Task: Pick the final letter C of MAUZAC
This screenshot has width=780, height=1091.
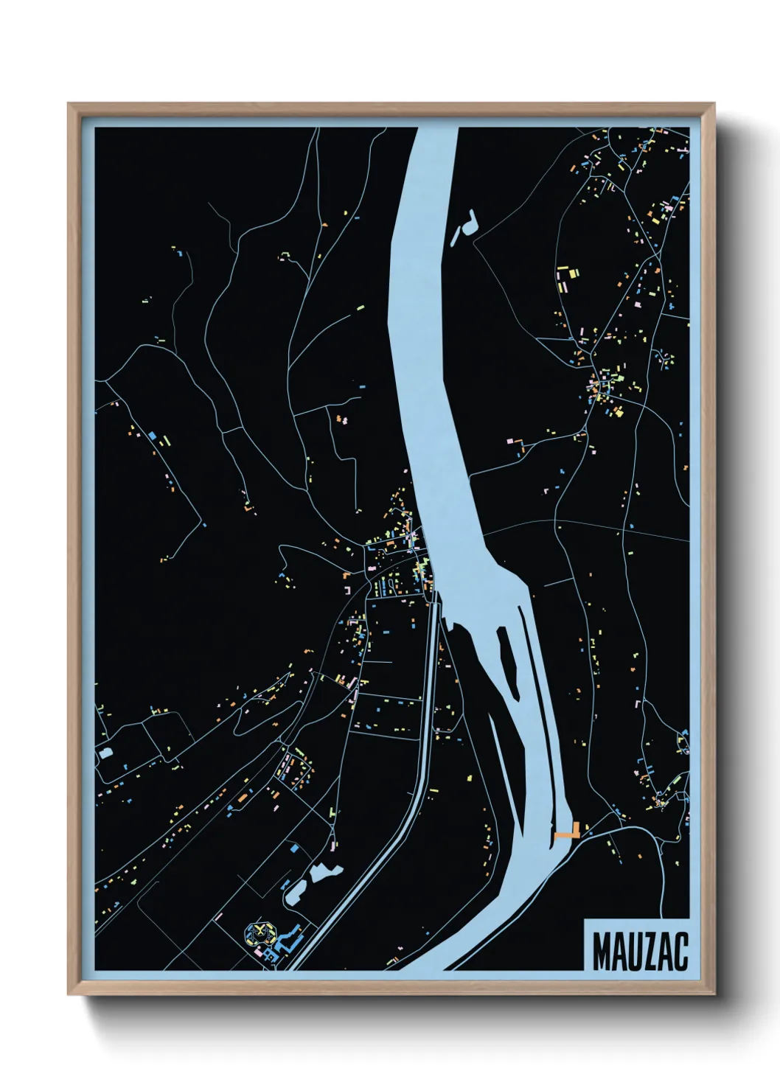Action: (x=680, y=952)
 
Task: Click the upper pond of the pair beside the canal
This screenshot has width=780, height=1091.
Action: (x=324, y=873)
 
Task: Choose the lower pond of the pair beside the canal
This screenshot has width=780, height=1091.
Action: (x=296, y=892)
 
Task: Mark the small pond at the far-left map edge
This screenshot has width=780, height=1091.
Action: (x=104, y=753)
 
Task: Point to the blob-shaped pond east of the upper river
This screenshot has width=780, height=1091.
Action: (x=464, y=225)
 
